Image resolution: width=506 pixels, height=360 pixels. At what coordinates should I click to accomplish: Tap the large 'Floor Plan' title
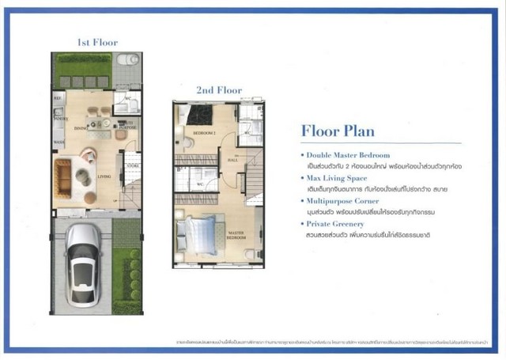pyautogui.click(x=338, y=131)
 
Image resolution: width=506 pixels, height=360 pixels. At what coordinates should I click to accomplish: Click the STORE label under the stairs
pyautogui.click(x=132, y=165)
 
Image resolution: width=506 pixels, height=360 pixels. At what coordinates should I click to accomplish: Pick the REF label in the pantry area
pyautogui.click(x=58, y=98)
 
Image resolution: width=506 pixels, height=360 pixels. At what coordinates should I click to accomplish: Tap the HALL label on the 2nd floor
pyautogui.click(x=233, y=160)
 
